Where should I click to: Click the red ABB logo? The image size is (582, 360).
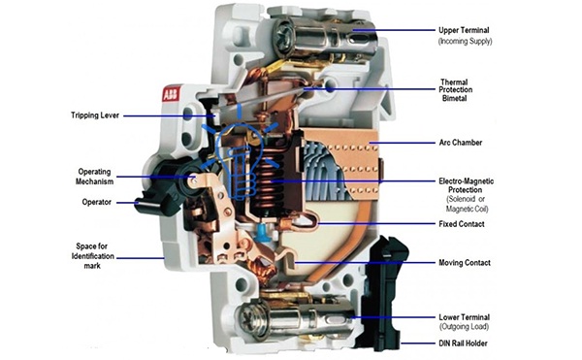(171, 94)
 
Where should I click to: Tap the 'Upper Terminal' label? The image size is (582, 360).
(464, 30)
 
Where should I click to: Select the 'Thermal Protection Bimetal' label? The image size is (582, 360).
(456, 90)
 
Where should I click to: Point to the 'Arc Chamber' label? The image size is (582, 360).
(460, 143)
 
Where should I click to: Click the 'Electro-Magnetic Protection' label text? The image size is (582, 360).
(467, 185)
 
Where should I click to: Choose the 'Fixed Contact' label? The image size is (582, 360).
(462, 224)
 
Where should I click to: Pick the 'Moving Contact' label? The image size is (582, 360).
(465, 263)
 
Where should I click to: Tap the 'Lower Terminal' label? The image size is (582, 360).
(464, 317)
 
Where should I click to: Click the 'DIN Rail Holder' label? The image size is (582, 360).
(463, 344)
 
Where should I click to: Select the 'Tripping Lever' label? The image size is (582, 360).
(95, 115)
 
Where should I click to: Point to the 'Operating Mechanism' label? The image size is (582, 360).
(95, 177)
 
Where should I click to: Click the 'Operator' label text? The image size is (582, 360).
(96, 202)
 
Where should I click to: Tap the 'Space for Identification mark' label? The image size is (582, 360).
(92, 256)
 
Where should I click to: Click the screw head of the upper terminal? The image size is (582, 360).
(282, 30)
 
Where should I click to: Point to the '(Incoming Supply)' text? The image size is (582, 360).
(465, 41)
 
